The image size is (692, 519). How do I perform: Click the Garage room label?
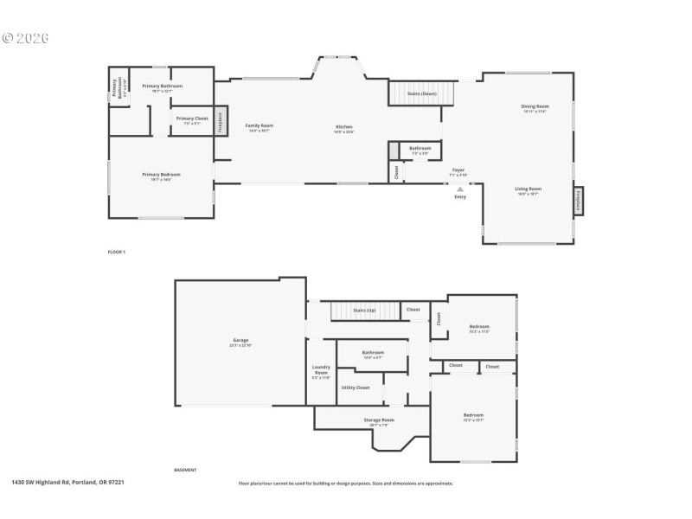coord(240,341)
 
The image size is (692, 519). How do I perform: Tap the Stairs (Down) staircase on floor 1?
coord(420,93)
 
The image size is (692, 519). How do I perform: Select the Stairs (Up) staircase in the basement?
coord(364,309)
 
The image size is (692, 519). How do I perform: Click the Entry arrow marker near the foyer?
coord(460,188)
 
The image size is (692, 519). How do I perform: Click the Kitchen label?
coord(344,127)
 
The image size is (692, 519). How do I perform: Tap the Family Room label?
coord(259,126)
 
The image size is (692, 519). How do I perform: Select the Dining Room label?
coord(535,107)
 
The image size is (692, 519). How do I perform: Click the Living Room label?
coord(528,189)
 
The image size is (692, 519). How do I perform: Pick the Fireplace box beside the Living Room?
coord(578,200)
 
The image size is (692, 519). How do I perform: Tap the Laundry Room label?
coord(320,372)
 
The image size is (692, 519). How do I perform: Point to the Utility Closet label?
coord(355,388)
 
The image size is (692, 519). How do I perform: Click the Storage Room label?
coord(378,420)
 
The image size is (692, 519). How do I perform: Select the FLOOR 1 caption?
coord(116,251)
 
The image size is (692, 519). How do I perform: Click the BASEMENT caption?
coord(185,470)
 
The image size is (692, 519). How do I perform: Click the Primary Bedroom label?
coord(161,176)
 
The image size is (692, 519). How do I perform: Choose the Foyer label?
coord(458,170)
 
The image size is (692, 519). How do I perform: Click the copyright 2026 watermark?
coord(26,38)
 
